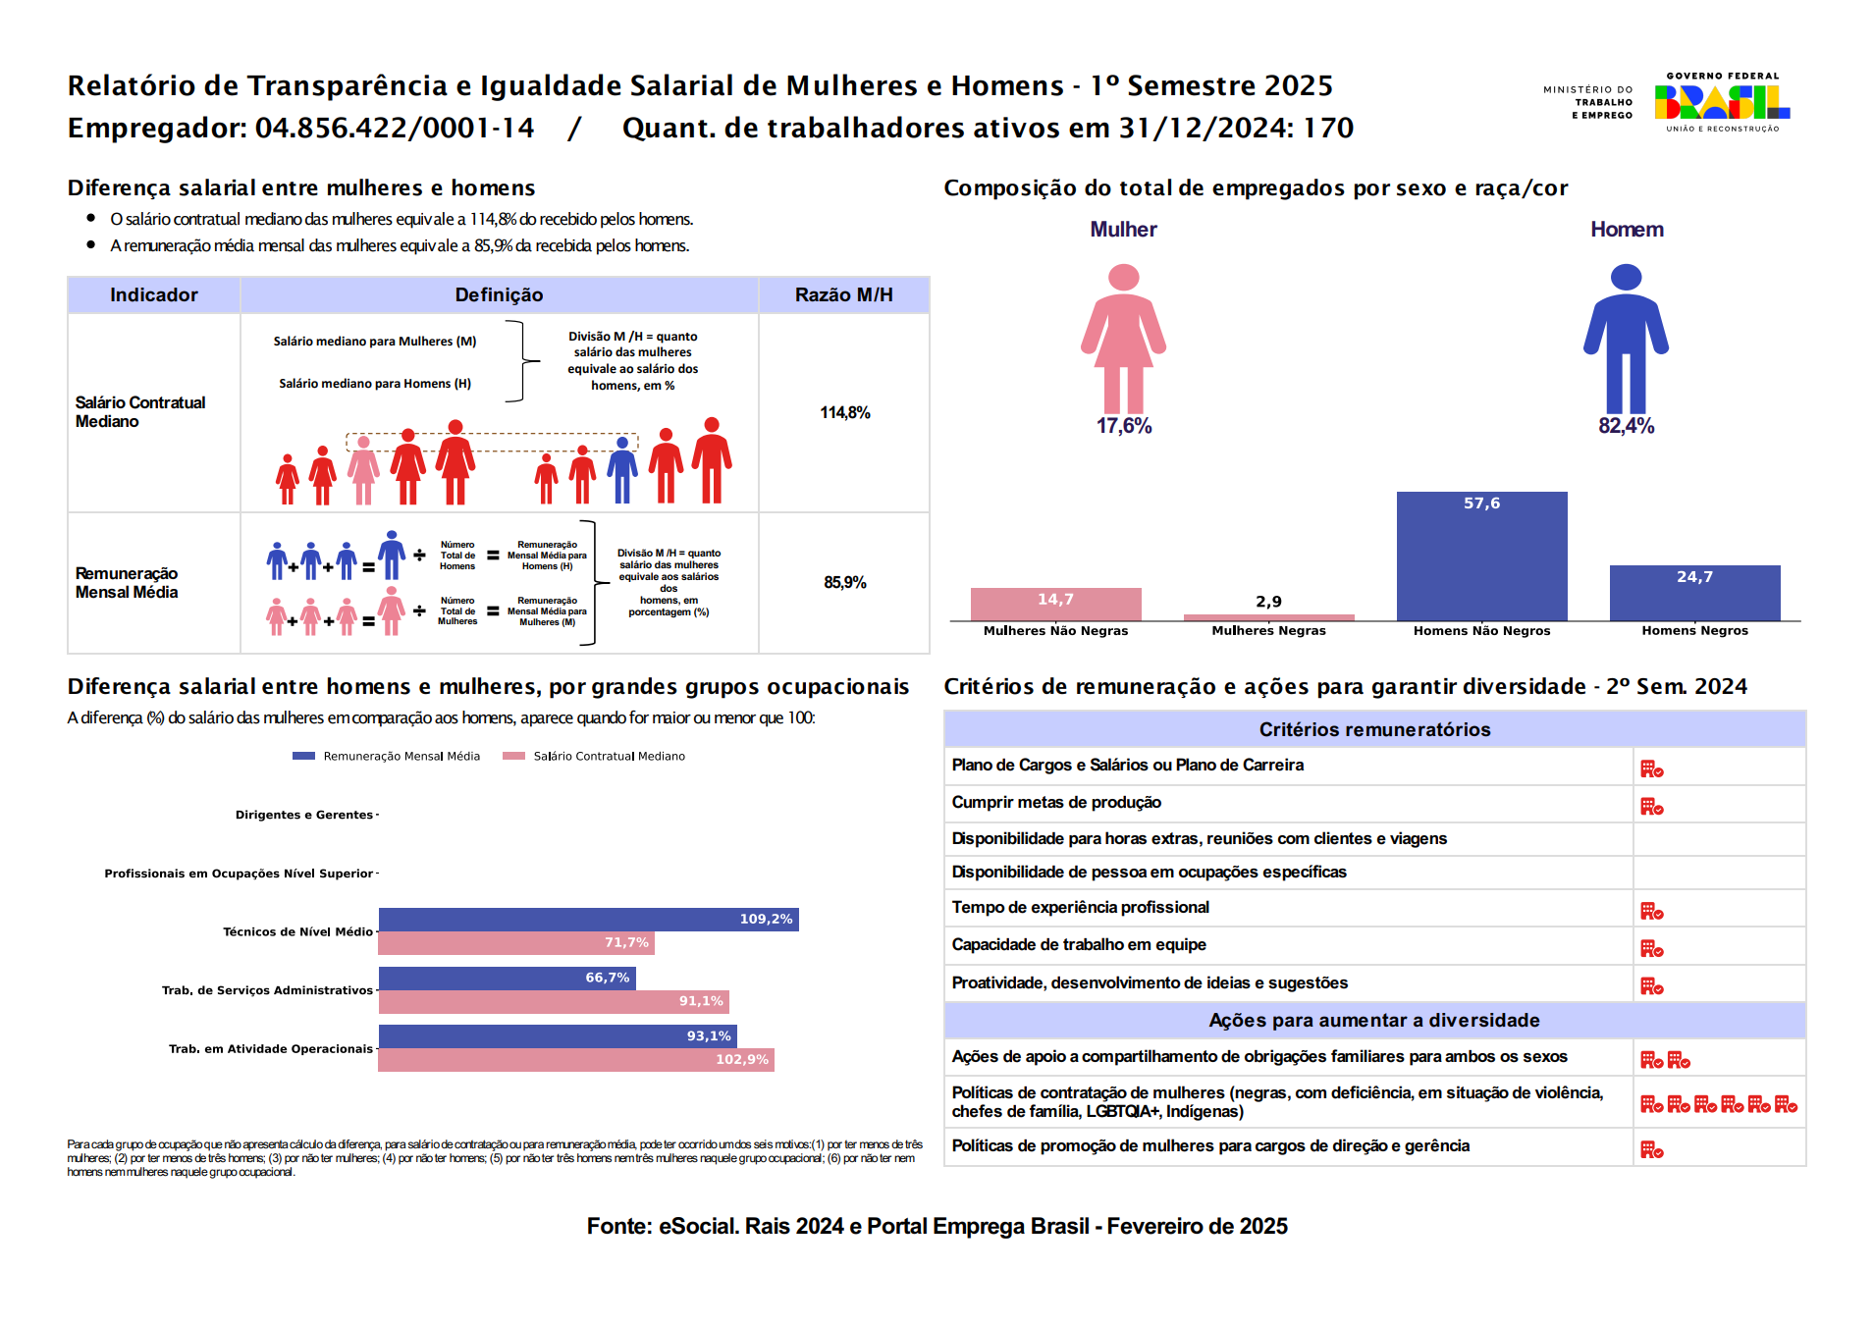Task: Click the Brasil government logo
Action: (x=1721, y=102)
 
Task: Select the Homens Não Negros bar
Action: (x=1481, y=556)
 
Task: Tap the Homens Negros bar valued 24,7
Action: (x=1694, y=593)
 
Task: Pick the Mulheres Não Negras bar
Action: (x=1055, y=604)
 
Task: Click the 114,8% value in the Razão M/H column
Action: (x=844, y=413)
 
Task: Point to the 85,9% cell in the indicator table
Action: (x=844, y=583)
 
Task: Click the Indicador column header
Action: (x=154, y=295)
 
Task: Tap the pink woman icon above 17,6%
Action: (x=1123, y=338)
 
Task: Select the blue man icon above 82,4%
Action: (x=1626, y=338)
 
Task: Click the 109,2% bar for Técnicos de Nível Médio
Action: (x=588, y=920)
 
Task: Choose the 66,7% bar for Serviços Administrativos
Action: (x=507, y=978)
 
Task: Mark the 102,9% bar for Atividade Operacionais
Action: (x=576, y=1060)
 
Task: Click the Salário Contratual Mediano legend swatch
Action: (x=513, y=756)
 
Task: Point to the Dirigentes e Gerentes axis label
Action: (x=303, y=815)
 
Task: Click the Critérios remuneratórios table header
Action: (x=1373, y=729)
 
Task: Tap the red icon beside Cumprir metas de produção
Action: (x=1651, y=807)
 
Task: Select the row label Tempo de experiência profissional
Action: (x=1080, y=908)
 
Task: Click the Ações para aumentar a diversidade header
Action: (x=1373, y=1021)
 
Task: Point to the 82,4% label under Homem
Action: (x=1626, y=426)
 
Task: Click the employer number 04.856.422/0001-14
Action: (x=395, y=129)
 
